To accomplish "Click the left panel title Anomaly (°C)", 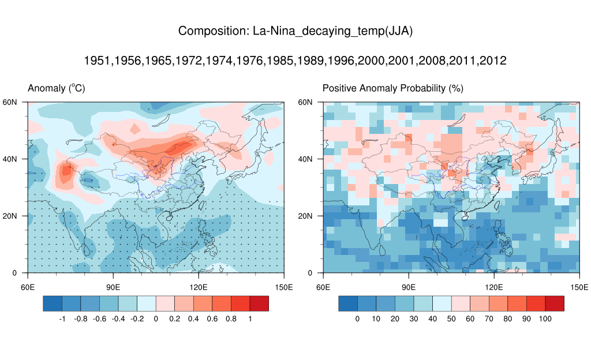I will pyautogui.click(x=57, y=88).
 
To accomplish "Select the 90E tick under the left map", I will pyautogui.click(x=113, y=286).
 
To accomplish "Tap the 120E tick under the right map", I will pyautogui.click(x=494, y=286).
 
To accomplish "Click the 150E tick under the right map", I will pyautogui.click(x=579, y=286).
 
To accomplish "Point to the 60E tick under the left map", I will pyautogui.click(x=27, y=286).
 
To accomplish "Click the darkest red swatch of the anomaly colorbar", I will pyautogui.click(x=259, y=303).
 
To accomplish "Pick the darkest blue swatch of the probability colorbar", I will pyautogui.click(x=348, y=303).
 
